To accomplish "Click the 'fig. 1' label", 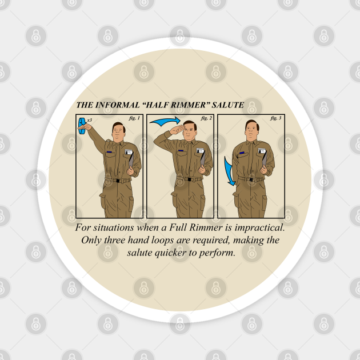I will [x=135, y=118].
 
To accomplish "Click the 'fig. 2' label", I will [x=206, y=118].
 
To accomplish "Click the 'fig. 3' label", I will [x=276, y=118].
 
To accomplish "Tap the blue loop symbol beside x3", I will [x=83, y=125].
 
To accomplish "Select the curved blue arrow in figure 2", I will [x=165, y=121].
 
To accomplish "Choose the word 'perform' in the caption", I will [x=219, y=254].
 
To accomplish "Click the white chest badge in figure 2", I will [x=199, y=152].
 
